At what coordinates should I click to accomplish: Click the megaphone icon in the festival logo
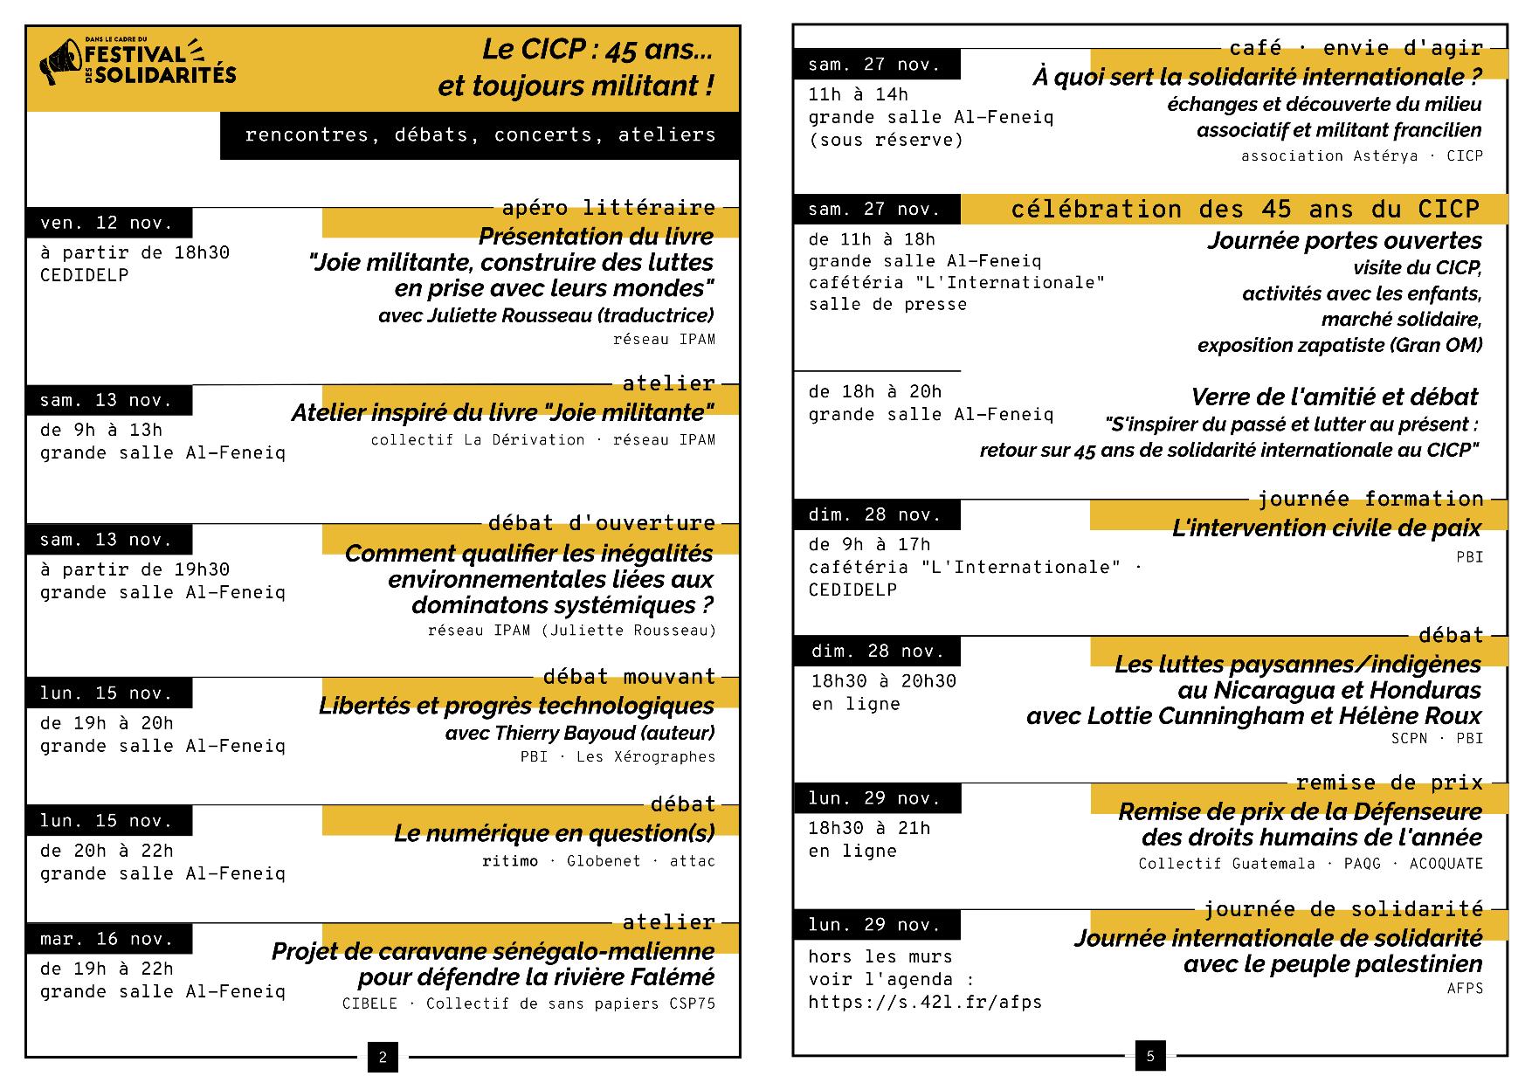click(59, 63)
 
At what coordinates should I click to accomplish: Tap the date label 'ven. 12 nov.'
click(107, 224)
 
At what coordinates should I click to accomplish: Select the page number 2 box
click(383, 1058)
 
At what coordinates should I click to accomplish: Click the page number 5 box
click(1149, 1056)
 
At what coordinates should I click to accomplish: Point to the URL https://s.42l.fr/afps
click(925, 1002)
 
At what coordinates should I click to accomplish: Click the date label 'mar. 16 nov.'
click(107, 940)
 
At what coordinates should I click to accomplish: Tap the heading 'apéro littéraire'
click(608, 208)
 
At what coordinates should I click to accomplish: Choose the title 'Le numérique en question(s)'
click(554, 833)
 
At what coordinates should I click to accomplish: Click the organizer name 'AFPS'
click(1465, 989)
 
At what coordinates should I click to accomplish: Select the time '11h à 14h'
click(858, 94)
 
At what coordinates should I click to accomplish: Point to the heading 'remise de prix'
click(1389, 783)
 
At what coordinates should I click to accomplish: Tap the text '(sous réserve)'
click(886, 141)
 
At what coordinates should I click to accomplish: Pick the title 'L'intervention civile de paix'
click(1326, 528)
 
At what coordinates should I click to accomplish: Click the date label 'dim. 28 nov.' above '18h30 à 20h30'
click(877, 652)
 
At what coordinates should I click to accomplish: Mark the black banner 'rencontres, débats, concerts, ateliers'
click(480, 135)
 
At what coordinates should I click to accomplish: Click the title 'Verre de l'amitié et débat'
click(1334, 397)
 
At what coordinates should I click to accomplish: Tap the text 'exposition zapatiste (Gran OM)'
click(1339, 346)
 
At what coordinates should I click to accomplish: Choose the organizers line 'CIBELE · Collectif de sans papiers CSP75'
click(528, 1004)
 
